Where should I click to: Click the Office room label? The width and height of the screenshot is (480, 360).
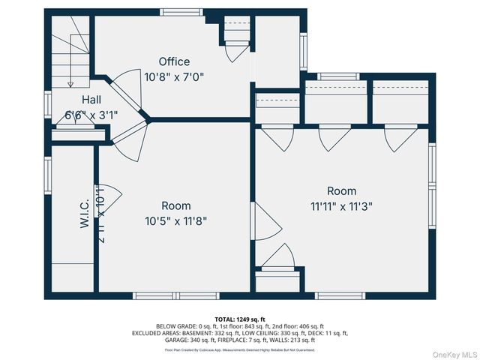coord(174,61)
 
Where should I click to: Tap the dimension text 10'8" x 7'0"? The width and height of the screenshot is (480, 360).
coord(174,76)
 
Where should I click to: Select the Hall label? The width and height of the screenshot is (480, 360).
coord(91,100)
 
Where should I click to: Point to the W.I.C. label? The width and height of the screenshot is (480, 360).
coord(85,213)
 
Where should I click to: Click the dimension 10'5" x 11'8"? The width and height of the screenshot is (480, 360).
coord(176,220)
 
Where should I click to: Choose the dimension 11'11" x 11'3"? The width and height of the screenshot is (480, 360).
coord(341,205)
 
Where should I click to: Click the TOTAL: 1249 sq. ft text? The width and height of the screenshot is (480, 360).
coord(240,319)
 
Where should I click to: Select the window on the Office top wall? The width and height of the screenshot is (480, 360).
coord(181,12)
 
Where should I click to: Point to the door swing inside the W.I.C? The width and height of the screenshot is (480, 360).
coord(106,196)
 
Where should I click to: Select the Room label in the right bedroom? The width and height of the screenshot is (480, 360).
coord(341,190)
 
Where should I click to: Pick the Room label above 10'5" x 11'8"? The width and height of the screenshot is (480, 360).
coord(176,205)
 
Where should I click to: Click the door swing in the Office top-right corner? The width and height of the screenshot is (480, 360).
coord(236,51)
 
